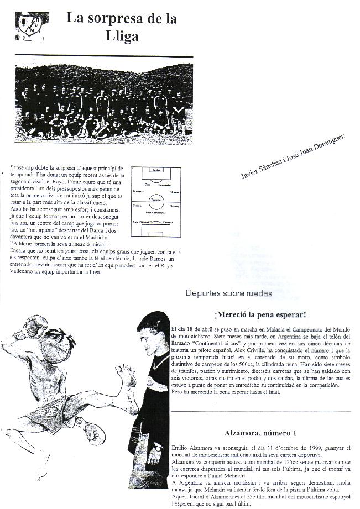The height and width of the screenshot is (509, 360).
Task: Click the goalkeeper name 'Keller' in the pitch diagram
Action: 156,171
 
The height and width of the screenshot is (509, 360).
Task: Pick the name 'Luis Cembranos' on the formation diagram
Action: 156,212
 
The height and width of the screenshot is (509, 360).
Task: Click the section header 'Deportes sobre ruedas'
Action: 229,293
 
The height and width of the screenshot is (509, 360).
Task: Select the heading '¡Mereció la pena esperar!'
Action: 260,315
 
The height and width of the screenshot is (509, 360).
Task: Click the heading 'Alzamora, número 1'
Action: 260,432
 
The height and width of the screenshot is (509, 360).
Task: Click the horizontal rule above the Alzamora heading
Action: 260,412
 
